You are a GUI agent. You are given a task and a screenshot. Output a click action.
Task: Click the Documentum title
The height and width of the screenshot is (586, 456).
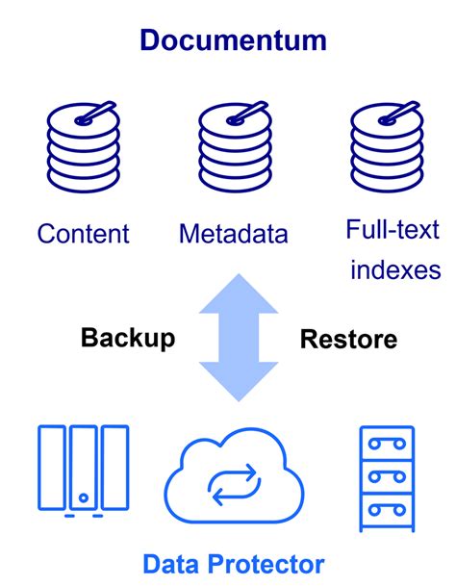click(x=233, y=39)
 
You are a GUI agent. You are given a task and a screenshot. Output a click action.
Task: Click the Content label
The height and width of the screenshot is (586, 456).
click(x=83, y=233)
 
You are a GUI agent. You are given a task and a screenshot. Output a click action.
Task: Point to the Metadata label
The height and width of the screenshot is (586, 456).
click(x=234, y=233)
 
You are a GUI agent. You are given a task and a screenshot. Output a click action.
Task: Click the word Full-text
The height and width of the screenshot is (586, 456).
click(x=393, y=229)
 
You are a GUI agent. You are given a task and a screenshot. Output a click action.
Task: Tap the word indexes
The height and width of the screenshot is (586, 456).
click(x=394, y=268)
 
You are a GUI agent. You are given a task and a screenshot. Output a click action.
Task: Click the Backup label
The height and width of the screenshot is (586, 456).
click(x=128, y=338)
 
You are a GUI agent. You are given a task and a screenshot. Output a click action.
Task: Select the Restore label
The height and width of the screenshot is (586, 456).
click(x=348, y=339)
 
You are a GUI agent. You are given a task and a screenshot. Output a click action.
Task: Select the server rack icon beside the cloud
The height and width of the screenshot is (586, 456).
click(x=388, y=477)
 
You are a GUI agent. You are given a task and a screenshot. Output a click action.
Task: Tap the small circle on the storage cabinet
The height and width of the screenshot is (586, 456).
click(x=83, y=498)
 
